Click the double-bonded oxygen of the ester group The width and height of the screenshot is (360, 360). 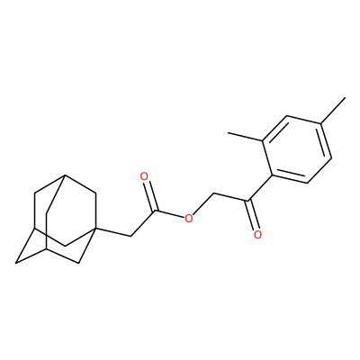145,176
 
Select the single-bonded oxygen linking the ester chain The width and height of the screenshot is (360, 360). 188,218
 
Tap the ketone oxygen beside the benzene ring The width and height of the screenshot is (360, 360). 257,234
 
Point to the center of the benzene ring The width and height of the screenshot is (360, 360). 297,149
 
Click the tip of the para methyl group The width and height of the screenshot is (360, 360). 346,97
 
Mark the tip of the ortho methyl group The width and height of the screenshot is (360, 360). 228,132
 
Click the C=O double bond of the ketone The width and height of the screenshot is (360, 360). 252,215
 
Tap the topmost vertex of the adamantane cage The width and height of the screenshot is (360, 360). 65,175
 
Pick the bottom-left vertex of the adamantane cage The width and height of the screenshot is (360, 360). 15,264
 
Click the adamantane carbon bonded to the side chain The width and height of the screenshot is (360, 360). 96,229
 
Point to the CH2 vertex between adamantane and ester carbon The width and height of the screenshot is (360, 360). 130,236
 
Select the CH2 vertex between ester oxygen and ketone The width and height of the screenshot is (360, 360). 213,193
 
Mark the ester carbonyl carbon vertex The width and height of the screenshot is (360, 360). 155,211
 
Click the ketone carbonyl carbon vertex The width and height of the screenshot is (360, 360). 247,201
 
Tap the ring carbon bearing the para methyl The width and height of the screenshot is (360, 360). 321,123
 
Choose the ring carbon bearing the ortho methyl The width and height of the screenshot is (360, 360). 263,140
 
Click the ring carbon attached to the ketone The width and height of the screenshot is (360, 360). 272,175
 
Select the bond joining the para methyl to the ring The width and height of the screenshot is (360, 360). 334,110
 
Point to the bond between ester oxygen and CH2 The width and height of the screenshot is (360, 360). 203,203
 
